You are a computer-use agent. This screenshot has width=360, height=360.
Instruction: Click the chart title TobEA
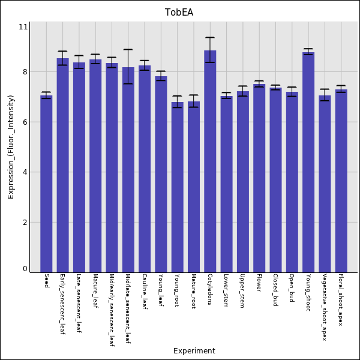179,12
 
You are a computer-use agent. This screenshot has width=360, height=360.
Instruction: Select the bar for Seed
46,183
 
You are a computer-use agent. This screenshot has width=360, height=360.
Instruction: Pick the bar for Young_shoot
308,162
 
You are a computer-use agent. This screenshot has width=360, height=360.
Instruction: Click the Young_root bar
178,187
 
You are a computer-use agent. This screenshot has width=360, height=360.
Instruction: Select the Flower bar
259,178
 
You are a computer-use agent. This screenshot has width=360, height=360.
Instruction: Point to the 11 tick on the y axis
23,27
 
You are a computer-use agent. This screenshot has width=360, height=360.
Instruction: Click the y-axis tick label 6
25,122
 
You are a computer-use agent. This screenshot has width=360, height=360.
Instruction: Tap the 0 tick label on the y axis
25,269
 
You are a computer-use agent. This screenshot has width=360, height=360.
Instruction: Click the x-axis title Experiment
194,351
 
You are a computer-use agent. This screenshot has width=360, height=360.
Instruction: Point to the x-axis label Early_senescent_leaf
62,304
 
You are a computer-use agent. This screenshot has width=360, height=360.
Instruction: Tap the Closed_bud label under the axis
275,290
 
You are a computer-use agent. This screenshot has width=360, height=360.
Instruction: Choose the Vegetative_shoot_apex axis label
324,307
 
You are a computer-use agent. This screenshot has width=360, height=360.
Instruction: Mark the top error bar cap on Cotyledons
210,38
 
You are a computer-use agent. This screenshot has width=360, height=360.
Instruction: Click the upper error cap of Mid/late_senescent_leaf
128,50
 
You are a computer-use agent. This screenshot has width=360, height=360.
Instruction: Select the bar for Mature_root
194,187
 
